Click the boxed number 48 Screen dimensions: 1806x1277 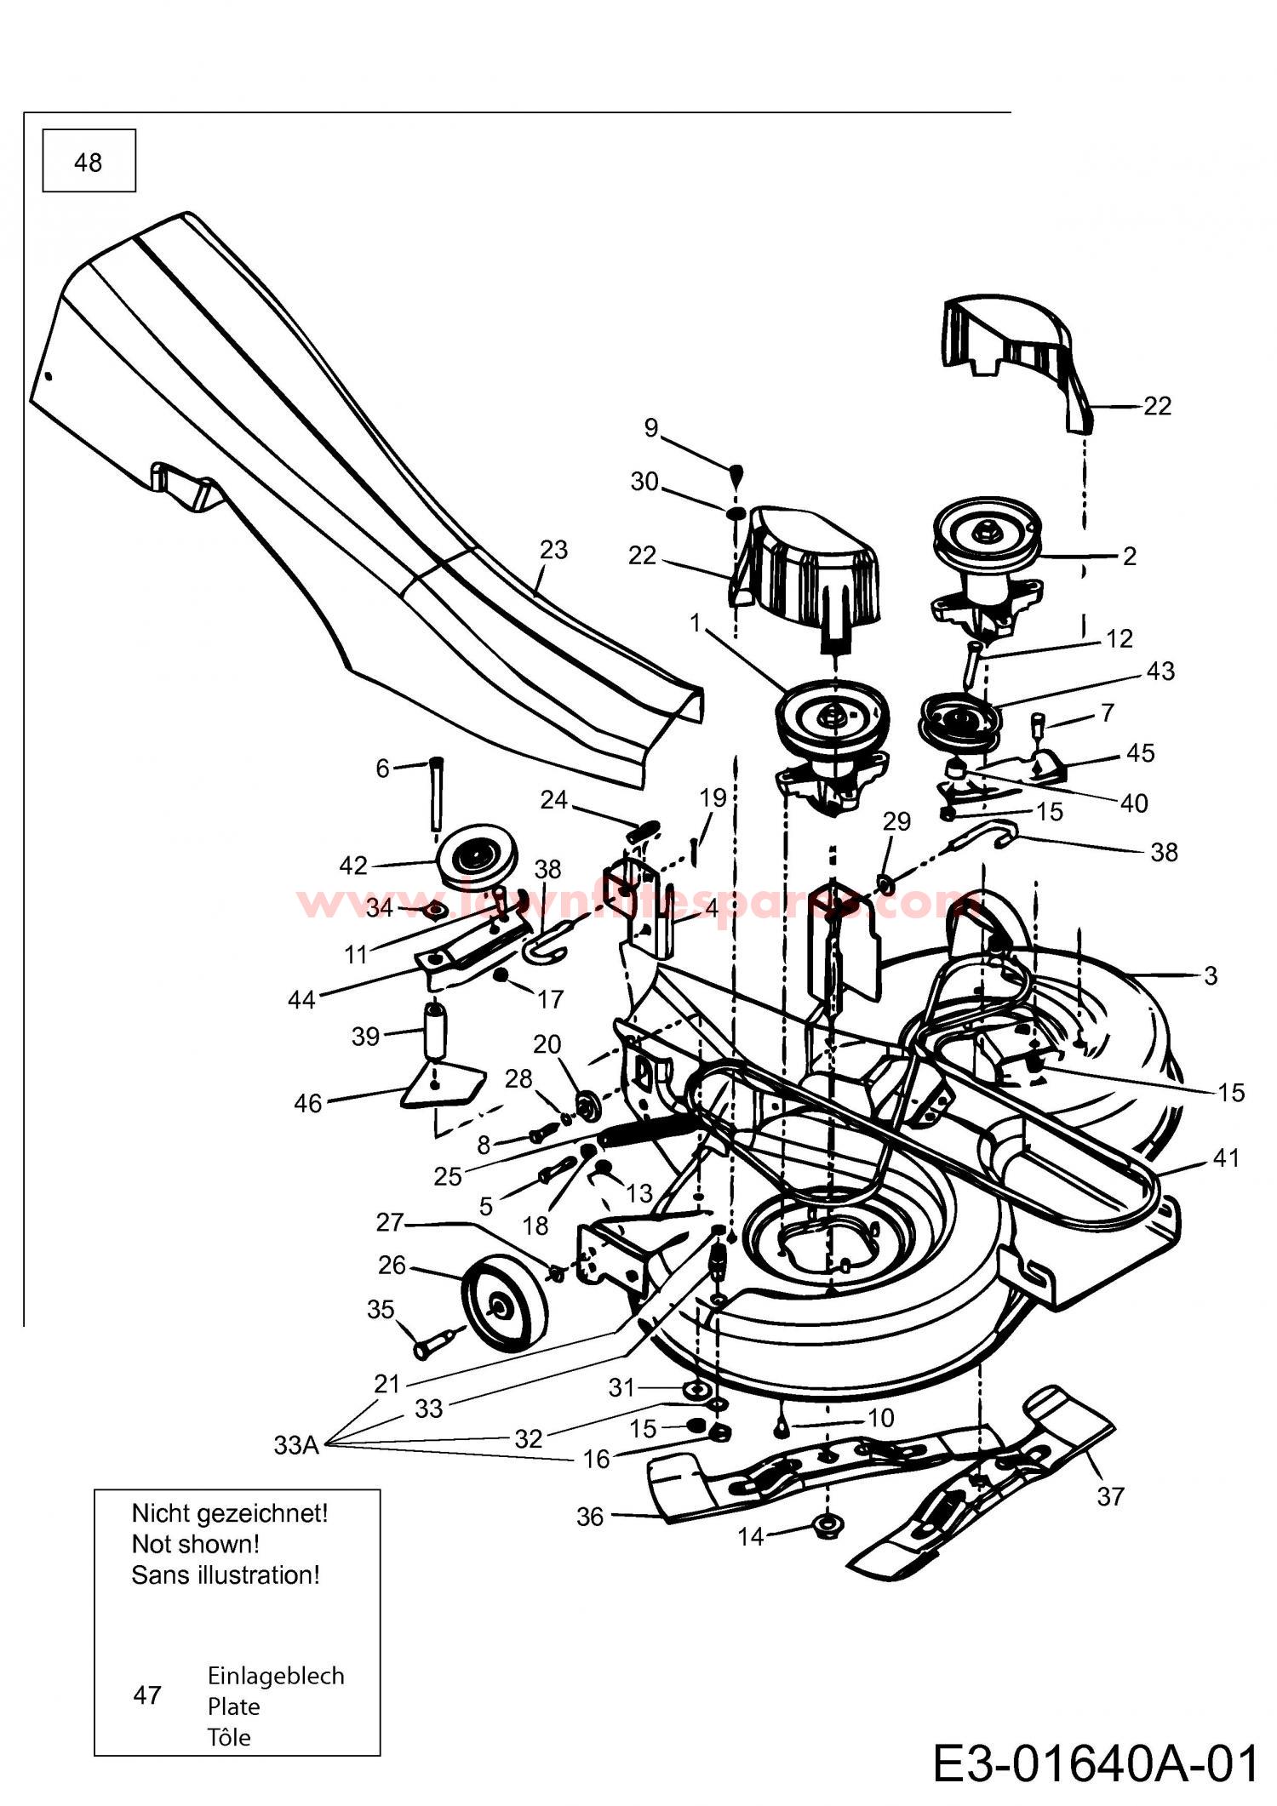coord(89,162)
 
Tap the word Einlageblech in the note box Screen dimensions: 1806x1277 coord(276,1676)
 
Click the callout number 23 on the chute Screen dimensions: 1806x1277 coord(553,550)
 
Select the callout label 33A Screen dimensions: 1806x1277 coord(296,1444)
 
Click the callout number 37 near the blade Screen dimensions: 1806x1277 coord(1110,1495)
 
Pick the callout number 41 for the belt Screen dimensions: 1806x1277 coord(1225,1157)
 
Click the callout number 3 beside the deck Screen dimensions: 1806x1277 coord(1211,975)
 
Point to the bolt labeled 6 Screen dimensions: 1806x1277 coord(435,792)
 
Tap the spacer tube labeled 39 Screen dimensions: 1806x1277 coord(436,1032)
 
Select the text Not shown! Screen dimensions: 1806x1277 coord(195,1544)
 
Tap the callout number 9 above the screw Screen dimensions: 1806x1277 coord(651,427)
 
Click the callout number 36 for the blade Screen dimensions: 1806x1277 coord(590,1517)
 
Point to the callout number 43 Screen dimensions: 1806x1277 coord(1160,671)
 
